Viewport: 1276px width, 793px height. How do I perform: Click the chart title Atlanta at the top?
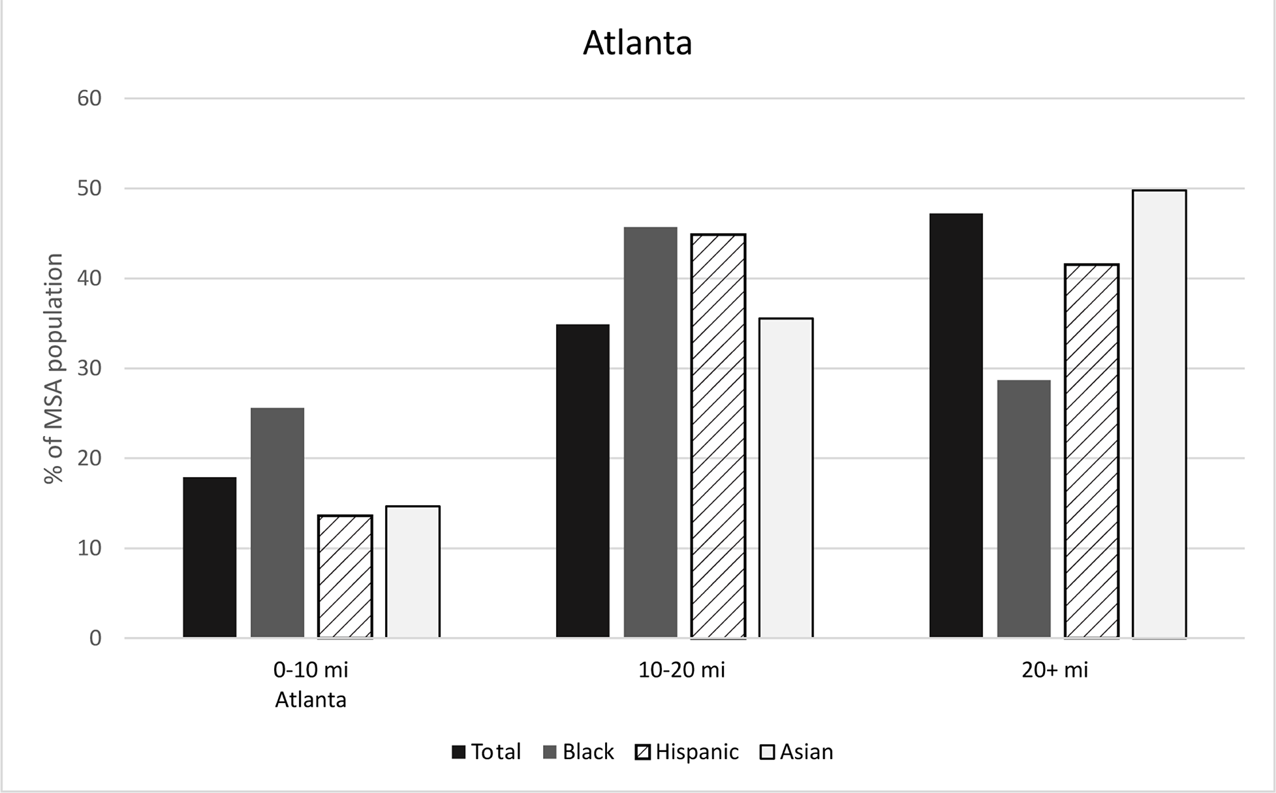click(637, 43)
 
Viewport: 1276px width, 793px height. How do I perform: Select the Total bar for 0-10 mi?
click(210, 557)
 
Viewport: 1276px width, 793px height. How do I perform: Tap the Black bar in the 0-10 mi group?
click(277, 523)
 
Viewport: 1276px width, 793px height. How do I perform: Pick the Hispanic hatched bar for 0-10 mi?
click(345, 576)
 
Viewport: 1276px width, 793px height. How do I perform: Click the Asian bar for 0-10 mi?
click(412, 572)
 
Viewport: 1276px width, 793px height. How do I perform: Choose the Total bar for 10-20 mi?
click(583, 481)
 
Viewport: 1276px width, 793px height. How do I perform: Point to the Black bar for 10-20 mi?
click(650, 432)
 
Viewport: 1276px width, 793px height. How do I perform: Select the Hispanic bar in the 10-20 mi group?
click(718, 435)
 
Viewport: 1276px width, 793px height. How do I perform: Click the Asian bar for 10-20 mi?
click(786, 478)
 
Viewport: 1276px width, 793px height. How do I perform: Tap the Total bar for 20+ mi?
click(956, 426)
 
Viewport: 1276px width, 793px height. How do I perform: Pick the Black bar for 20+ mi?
click(1023, 508)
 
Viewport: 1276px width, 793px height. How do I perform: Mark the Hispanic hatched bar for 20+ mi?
click(1091, 450)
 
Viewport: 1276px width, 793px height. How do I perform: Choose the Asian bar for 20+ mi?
click(1159, 414)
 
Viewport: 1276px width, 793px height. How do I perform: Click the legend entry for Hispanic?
click(687, 752)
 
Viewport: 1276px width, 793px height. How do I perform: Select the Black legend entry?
click(578, 752)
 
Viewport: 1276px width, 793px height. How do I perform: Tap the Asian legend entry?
click(797, 752)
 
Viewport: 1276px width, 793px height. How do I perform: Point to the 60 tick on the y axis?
click(89, 99)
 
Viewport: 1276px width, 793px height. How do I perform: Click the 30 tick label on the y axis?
click(89, 368)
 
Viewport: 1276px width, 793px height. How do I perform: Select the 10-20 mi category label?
click(682, 670)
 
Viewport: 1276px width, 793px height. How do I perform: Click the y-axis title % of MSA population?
click(54, 368)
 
